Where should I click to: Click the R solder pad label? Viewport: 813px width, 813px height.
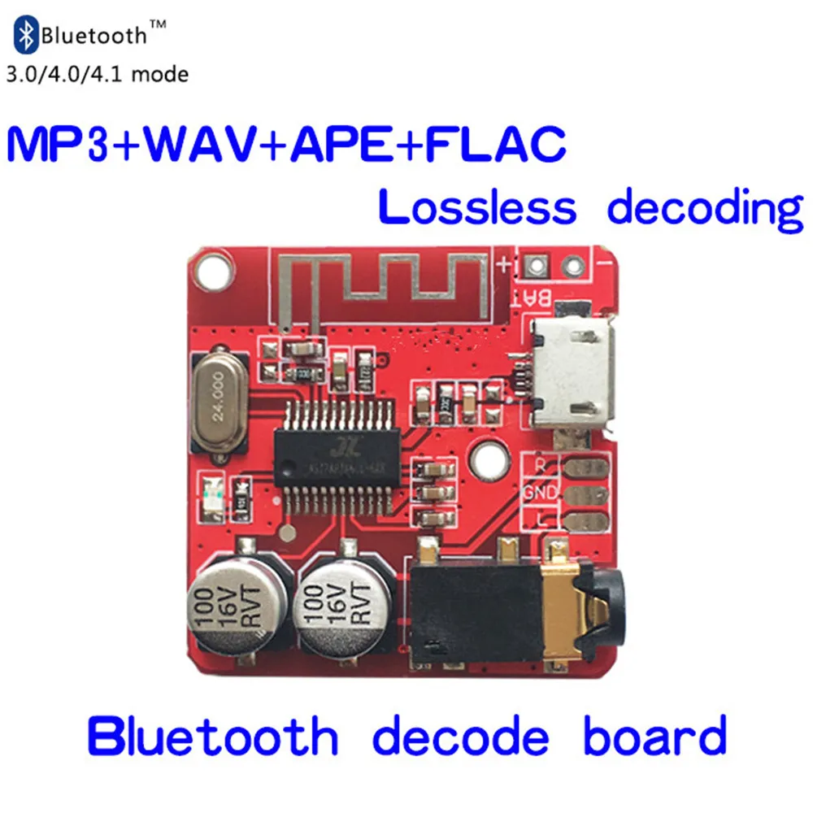pos(541,466)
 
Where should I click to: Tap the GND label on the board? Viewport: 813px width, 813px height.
pos(541,493)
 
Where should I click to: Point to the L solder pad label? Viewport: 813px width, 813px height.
pos(541,520)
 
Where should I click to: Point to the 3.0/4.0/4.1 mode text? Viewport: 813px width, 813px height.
pos(98,75)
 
